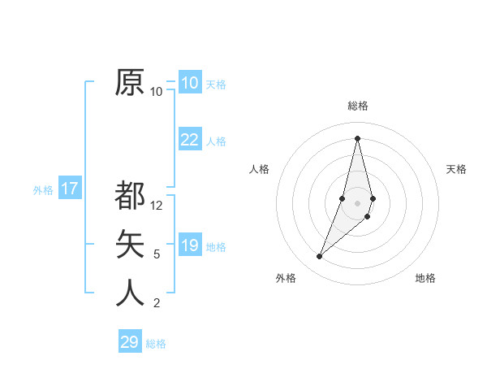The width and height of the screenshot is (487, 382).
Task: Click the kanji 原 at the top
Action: point(130,82)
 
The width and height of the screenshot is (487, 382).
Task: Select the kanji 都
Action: point(130,196)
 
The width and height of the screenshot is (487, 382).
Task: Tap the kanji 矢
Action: point(130,244)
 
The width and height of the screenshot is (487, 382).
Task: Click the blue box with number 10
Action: point(189,82)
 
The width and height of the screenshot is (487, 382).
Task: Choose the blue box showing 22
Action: point(189,140)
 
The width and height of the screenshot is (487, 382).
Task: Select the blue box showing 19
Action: point(189,245)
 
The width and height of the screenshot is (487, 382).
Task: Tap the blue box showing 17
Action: point(70,189)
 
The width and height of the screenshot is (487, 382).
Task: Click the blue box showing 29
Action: point(130,342)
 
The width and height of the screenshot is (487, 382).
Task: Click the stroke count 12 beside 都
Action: point(157,206)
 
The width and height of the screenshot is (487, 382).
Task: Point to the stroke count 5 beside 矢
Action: point(157,254)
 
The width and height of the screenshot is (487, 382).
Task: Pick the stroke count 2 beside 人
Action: point(157,303)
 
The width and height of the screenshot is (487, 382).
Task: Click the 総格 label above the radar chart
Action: point(357,106)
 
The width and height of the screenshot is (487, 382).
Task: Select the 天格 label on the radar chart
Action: point(456,169)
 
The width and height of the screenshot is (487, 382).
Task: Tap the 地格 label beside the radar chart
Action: point(425,278)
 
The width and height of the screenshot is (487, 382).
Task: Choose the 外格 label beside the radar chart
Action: point(286,278)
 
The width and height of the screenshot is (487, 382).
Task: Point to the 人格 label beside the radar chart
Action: point(259,169)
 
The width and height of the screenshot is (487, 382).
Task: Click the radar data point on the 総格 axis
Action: point(357,137)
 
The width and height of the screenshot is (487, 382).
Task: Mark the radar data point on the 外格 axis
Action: point(319,257)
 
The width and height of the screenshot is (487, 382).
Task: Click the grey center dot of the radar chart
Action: point(357,202)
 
